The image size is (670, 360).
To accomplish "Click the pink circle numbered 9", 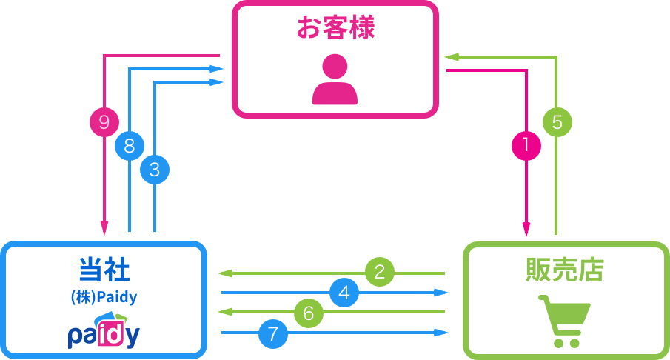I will pyautogui.click(x=104, y=121).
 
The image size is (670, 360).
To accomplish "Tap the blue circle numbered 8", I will pyautogui.click(x=130, y=146).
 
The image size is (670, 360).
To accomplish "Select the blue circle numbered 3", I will pyautogui.click(x=155, y=170).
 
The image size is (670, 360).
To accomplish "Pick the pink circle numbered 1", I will pyautogui.click(x=526, y=145).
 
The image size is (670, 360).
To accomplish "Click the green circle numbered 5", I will pyautogui.click(x=557, y=121).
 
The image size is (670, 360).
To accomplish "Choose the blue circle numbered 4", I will pyautogui.click(x=344, y=293).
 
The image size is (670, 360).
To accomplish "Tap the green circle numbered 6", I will pyautogui.click(x=309, y=313).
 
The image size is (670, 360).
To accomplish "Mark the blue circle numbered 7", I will pyautogui.click(x=273, y=333).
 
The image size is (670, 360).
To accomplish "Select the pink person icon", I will pyautogui.click(x=335, y=79).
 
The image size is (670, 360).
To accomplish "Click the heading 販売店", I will pyautogui.click(x=565, y=270).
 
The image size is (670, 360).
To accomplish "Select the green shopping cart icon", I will pyautogui.click(x=564, y=321).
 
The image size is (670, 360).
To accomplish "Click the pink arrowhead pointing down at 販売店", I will pyautogui.click(x=526, y=230).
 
